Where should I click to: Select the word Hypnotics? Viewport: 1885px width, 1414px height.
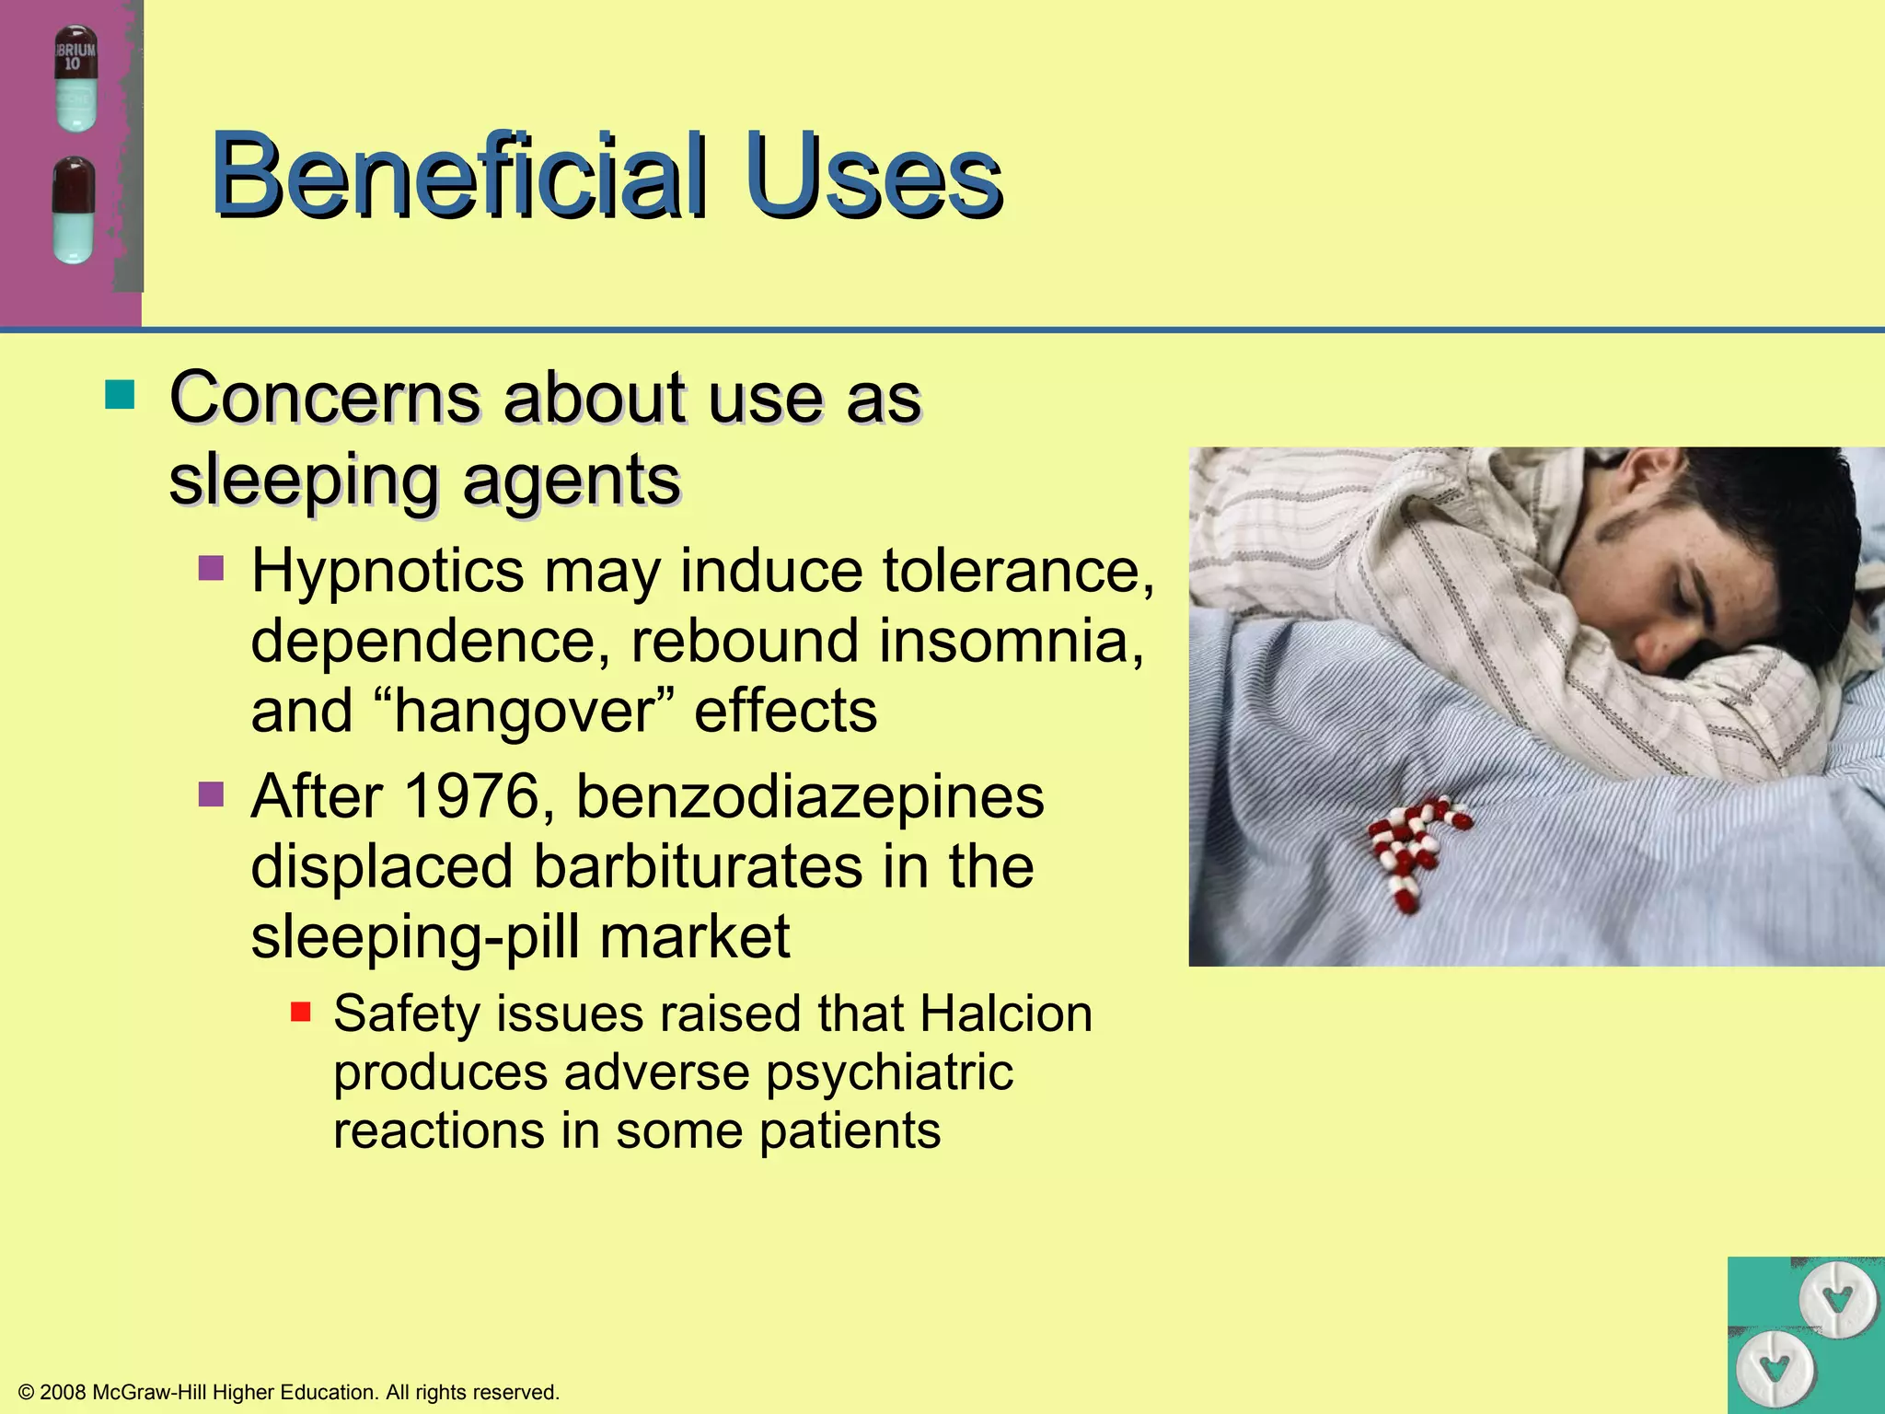coord(387,572)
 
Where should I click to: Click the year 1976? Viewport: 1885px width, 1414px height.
coord(470,796)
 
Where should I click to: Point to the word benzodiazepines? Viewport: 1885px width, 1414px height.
coord(810,796)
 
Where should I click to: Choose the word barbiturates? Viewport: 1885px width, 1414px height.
coord(700,867)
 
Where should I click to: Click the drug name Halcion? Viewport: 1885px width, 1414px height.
coord(1005,1014)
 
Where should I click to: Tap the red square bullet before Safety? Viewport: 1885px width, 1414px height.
coord(300,1013)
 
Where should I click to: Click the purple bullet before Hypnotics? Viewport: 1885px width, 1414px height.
coord(212,567)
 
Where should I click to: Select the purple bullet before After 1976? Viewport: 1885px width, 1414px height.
coord(212,793)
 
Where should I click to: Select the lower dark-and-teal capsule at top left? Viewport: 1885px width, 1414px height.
coord(74,210)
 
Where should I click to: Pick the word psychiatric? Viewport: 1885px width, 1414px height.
coord(889,1073)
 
